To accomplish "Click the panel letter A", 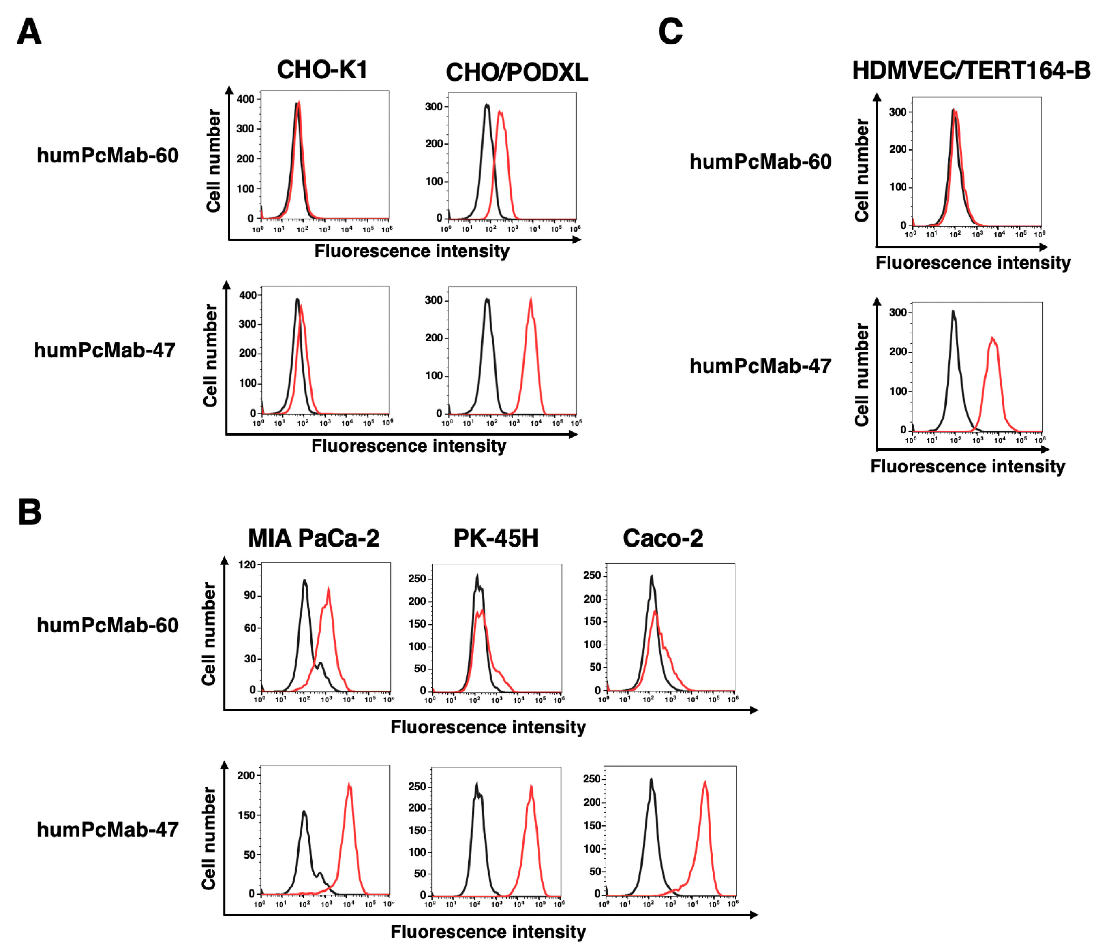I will click(x=29, y=31).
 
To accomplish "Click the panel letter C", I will click(x=670, y=31).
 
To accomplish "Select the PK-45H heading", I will click(x=495, y=538).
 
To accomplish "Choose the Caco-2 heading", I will click(x=663, y=538).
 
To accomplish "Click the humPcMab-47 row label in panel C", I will click(x=760, y=366).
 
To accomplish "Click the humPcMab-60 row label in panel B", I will click(x=108, y=625).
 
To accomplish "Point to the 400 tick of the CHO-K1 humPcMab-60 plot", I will click(x=245, y=99).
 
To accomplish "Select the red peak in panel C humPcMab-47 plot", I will click(x=992, y=338).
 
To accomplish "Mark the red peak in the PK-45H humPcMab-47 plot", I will click(x=531, y=787).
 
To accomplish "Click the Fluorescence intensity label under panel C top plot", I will click(x=973, y=263).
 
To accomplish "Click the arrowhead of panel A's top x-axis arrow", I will click(x=577, y=240).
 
